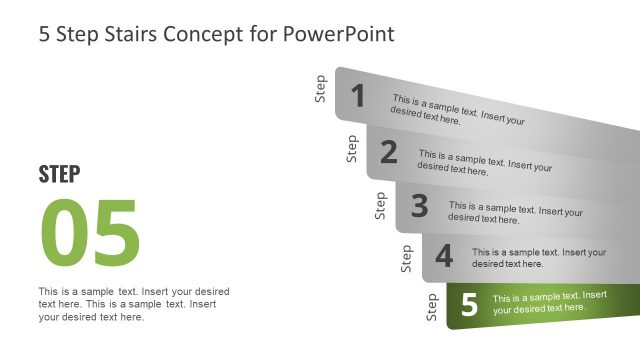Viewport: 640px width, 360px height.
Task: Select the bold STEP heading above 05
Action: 59,174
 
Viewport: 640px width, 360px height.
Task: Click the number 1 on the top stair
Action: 358,96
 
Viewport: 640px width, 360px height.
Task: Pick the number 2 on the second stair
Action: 389,152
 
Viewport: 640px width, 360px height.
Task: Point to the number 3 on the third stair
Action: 419,206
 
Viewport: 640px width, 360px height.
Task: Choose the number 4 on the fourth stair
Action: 444,256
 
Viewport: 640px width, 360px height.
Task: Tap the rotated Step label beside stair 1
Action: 321,88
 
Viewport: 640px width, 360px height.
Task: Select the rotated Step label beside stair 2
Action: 352,148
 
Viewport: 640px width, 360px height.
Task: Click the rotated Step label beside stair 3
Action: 380,205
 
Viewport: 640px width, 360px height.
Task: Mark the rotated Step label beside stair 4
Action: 406,258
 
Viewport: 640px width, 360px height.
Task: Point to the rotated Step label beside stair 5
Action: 432,307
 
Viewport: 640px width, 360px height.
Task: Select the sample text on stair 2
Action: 484,163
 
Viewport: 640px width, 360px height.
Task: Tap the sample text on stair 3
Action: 515,211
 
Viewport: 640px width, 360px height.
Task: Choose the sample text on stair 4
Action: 538,258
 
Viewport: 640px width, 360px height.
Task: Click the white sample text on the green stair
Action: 549,302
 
